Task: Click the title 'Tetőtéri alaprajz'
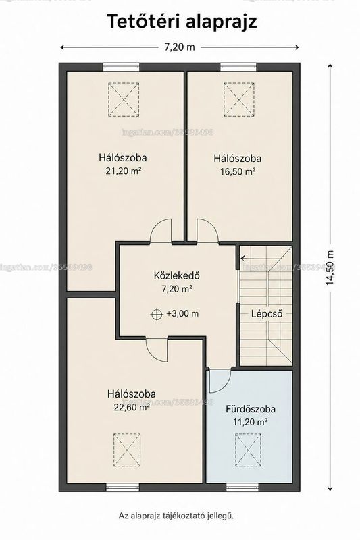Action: pos(182,22)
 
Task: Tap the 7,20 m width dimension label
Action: pos(179,47)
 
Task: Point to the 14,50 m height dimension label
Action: pos(330,267)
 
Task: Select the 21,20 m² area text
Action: pos(124,171)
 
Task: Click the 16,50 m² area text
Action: pos(238,171)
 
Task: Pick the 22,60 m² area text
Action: pos(132,408)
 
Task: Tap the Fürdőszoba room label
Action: pos(251,409)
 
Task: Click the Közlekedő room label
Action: pos(177,275)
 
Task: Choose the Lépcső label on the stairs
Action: pos(267,314)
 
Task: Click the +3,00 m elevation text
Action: pos(182,314)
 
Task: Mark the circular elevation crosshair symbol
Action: pos(157,314)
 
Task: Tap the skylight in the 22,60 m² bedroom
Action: pos(127,450)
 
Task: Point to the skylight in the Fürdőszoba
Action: pos(248,449)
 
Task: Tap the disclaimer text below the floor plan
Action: pos(176,516)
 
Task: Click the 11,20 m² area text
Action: pos(251,422)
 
